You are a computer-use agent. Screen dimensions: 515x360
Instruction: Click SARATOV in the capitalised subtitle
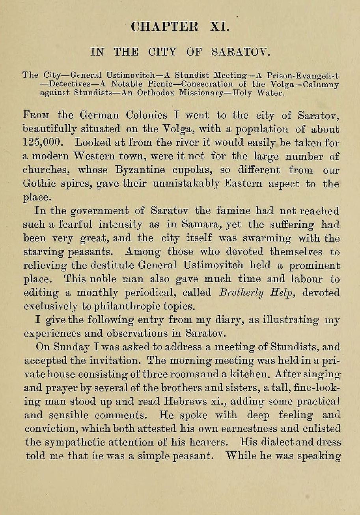(235, 52)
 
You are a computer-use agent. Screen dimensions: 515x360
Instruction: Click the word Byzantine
(127, 170)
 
